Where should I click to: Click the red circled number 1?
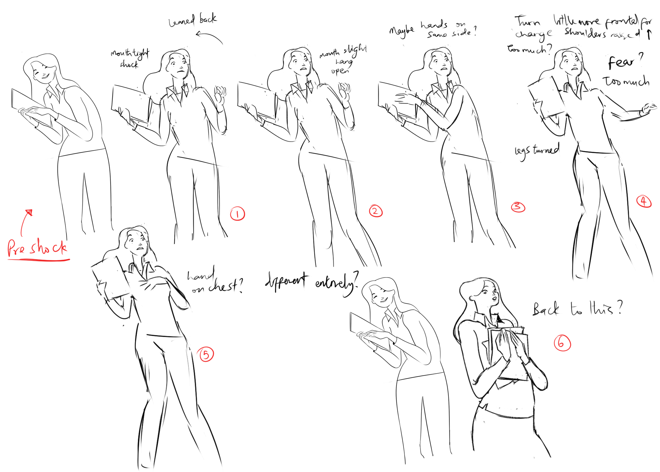[x=237, y=214]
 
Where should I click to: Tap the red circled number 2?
[x=376, y=211]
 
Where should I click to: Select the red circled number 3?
[x=518, y=207]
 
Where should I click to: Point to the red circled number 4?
[x=644, y=201]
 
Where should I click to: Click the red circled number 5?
[x=206, y=355]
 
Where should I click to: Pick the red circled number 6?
[x=562, y=343]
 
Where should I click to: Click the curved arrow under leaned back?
[x=209, y=37]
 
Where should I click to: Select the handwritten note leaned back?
[x=192, y=20]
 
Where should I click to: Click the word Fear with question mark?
[x=624, y=61]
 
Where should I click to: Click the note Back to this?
[x=577, y=309]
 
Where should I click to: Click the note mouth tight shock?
[x=129, y=58]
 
